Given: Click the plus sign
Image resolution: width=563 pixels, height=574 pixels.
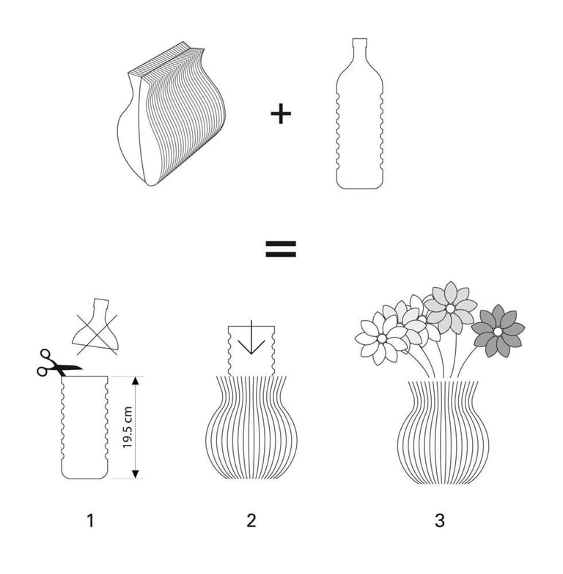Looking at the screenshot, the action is [281, 114].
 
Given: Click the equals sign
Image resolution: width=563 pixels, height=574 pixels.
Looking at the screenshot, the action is [281, 249].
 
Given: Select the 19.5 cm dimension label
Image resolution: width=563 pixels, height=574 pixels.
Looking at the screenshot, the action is [128, 427].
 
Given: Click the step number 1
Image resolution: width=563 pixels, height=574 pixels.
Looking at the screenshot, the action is [90, 520].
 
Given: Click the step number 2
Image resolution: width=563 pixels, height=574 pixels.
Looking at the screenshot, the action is [251, 520].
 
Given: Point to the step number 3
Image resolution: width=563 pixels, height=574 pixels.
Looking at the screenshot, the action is [440, 520].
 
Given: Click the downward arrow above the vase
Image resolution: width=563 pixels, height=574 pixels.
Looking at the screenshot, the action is [251, 338].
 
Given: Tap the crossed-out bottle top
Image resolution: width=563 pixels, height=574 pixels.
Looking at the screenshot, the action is [95, 327].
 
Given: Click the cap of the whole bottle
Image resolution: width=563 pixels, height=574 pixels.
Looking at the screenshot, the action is [360, 43].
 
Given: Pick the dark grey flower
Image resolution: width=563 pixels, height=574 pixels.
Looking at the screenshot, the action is [498, 331].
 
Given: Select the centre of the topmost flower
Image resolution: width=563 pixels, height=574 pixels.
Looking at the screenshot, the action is [450, 308].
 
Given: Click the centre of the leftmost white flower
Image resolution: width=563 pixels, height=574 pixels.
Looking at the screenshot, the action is [382, 338].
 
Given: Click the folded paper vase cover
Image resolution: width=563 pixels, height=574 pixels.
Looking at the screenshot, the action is [171, 115].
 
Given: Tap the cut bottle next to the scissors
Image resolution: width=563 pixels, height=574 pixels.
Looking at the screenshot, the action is [84, 427].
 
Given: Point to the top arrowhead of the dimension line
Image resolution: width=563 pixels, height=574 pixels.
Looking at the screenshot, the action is [136, 380].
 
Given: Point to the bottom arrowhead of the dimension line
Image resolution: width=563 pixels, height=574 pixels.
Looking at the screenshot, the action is [136, 474].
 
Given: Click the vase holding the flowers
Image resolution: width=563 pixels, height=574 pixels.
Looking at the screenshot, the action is [443, 432].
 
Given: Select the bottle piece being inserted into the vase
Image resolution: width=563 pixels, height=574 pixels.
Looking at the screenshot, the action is [251, 350].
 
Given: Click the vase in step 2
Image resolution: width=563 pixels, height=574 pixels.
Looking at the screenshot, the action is [251, 428].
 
